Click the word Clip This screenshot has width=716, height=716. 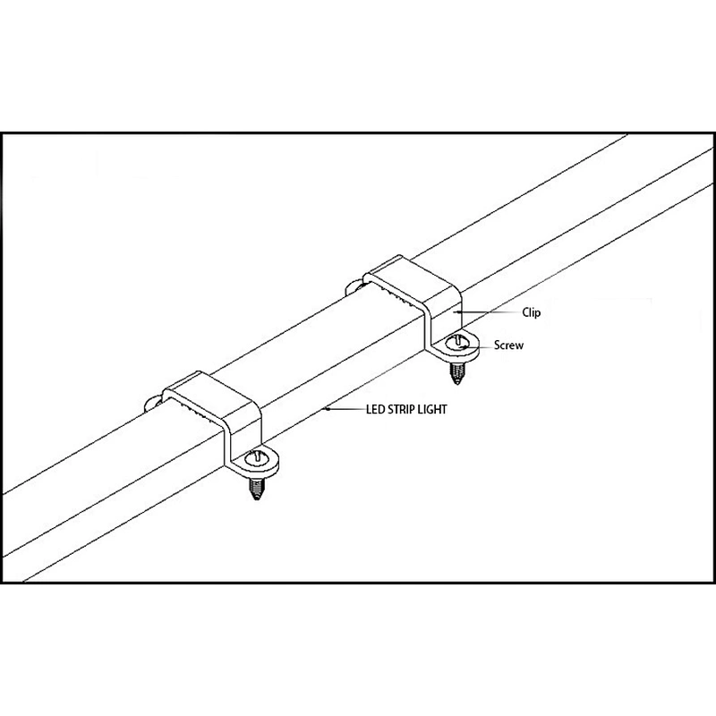[531, 312]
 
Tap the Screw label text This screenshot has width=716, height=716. [508, 345]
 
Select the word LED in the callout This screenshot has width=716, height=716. [375, 409]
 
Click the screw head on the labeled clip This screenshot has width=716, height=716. [457, 342]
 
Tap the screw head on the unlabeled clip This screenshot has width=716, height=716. [257, 458]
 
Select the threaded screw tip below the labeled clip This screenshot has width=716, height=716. [456, 373]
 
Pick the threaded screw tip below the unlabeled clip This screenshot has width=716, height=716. [256, 489]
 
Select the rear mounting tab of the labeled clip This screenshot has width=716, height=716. [354, 287]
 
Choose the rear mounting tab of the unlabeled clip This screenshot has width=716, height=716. [154, 404]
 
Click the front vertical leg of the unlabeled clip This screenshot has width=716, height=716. [227, 446]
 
